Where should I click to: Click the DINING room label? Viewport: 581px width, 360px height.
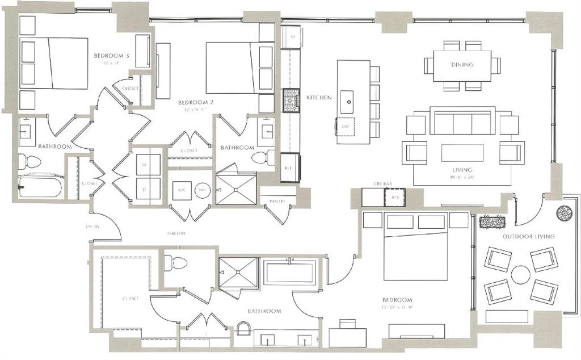pos(462,65)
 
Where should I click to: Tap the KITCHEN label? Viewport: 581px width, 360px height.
pos(319,98)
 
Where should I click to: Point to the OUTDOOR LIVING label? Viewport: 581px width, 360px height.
pos(528,236)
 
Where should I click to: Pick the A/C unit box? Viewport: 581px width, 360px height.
pos(183,191)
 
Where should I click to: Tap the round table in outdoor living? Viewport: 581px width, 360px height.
pos(520,275)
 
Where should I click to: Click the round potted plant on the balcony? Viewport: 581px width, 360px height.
pos(564,212)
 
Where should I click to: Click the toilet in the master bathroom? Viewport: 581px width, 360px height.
pos(176,263)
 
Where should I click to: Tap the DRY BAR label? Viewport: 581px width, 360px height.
pos(383,185)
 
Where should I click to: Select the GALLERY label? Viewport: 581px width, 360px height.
pos(178,233)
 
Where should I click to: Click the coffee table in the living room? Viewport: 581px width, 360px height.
pos(462,153)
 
